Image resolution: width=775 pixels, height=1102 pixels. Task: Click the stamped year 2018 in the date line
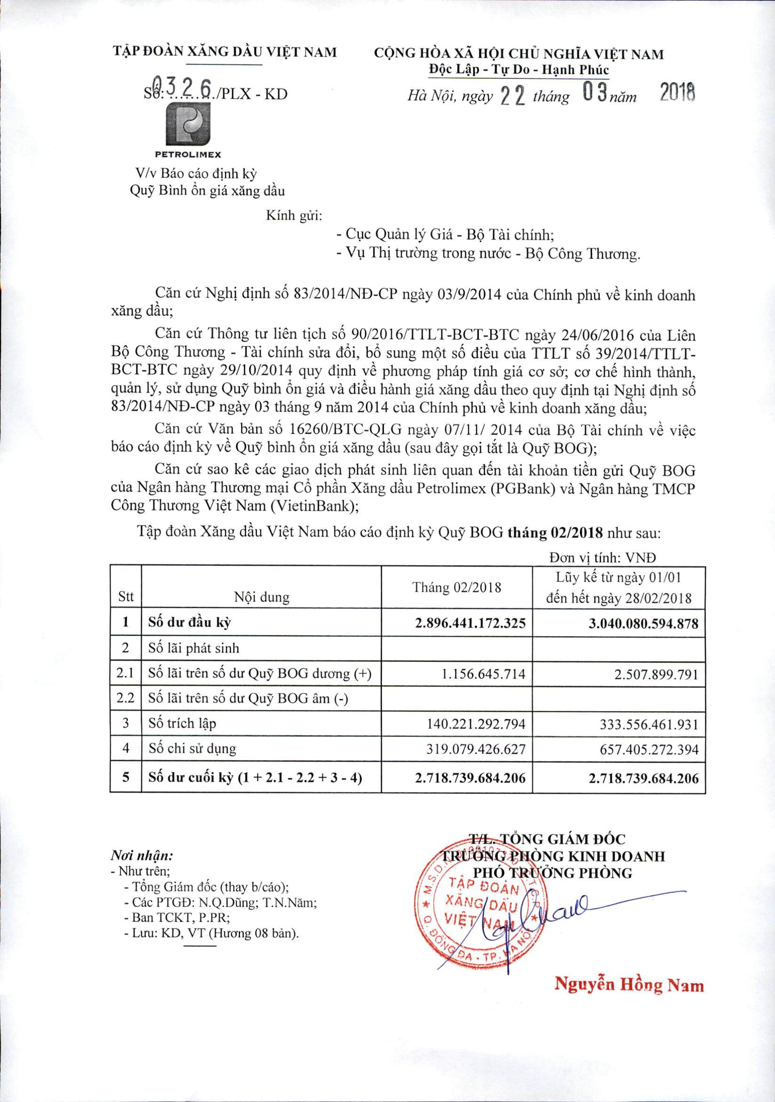(677, 93)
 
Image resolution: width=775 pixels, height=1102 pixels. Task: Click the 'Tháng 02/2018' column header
(457, 588)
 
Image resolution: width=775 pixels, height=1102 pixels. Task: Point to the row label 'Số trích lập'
(182, 723)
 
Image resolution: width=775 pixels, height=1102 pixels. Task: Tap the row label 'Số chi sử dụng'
(192, 749)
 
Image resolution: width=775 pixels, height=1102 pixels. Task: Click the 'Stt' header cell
(126, 597)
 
